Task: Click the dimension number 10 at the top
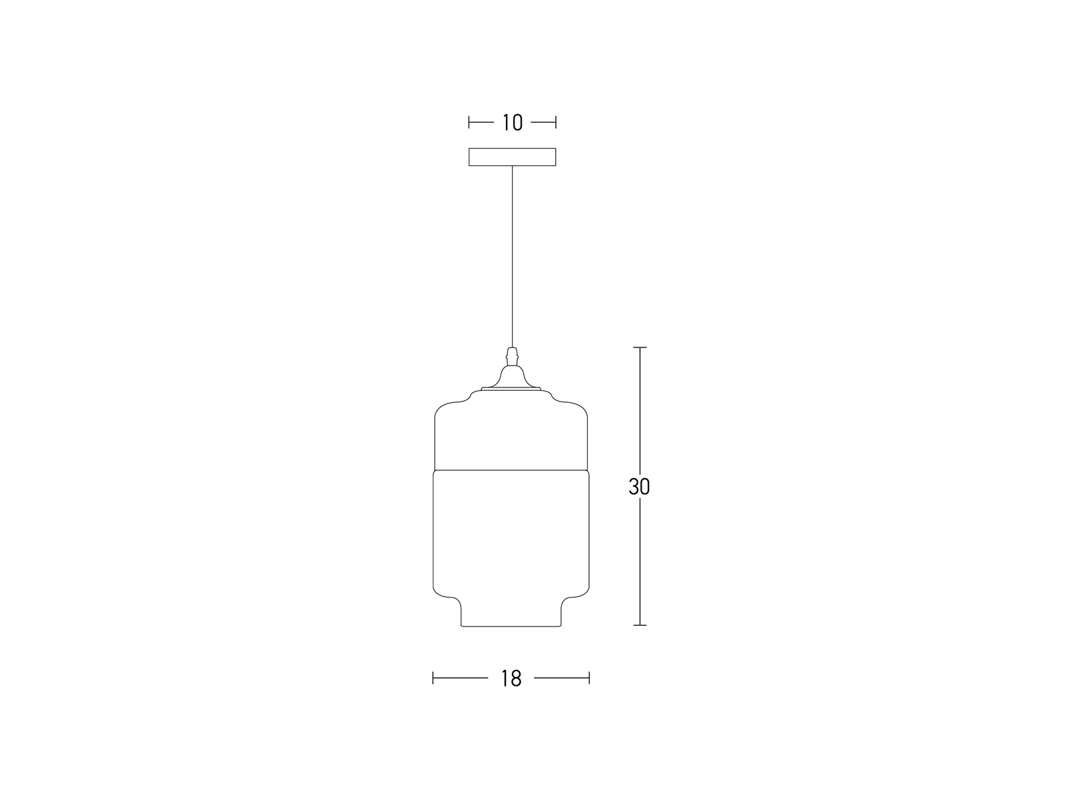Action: (513, 123)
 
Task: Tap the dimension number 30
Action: (639, 487)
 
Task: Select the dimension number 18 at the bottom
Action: (511, 678)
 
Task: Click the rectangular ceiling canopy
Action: (513, 156)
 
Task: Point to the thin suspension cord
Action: (513, 256)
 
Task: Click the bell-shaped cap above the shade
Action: (512, 376)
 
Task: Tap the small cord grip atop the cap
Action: (513, 357)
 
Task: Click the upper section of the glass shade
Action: (511, 431)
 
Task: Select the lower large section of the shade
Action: (511, 533)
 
